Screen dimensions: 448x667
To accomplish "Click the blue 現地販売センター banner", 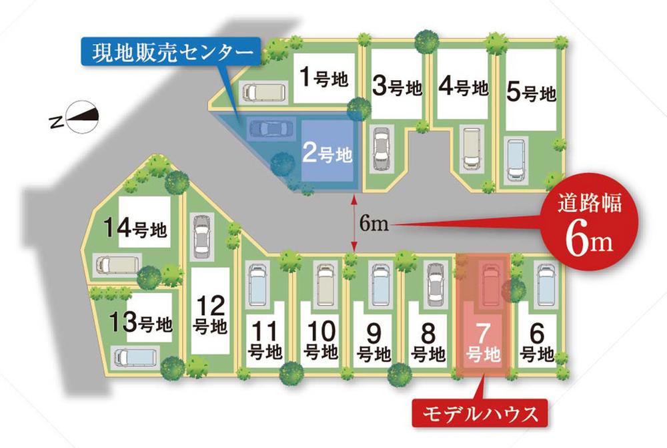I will [x=169, y=51].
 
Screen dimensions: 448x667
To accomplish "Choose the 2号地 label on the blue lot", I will [x=326, y=154].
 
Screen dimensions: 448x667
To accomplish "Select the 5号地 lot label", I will [x=531, y=91].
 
